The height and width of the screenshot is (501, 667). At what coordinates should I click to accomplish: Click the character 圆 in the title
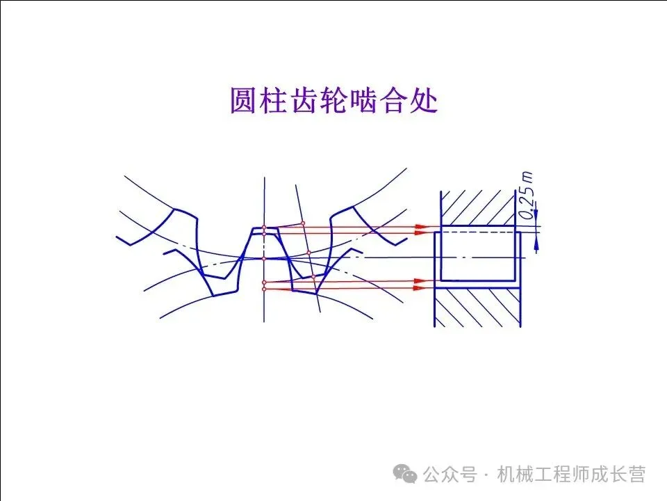[244, 101]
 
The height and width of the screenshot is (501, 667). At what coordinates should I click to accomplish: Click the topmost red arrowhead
[420, 227]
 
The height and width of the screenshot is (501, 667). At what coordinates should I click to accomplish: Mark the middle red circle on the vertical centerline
[264, 258]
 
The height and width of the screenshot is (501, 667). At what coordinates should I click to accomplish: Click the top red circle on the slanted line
[303, 223]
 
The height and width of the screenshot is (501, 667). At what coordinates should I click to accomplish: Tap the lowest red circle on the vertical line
[264, 288]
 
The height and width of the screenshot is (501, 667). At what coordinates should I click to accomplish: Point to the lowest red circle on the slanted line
[313, 277]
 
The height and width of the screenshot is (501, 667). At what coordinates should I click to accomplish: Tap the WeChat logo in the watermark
[405, 474]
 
